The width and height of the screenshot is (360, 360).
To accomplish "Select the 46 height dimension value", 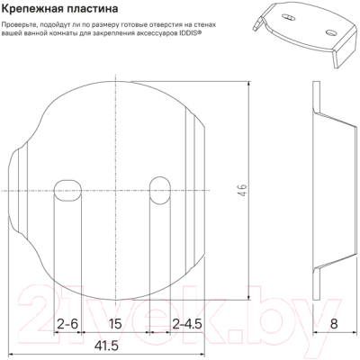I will tap(242, 192).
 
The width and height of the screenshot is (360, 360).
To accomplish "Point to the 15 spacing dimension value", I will tap(115, 322).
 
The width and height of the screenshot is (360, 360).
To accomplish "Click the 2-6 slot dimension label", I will tap(67, 322).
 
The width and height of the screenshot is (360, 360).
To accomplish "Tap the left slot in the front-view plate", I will tap(67, 191).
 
